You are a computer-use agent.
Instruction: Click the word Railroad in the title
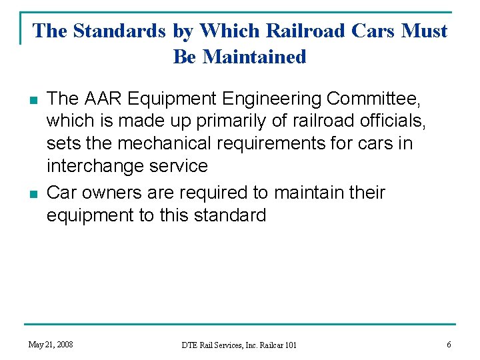[x=309, y=31]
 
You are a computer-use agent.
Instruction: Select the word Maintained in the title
[x=254, y=57]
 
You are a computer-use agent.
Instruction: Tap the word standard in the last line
[x=230, y=215]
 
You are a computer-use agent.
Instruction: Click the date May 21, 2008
[x=51, y=345]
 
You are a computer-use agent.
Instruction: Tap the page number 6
[x=449, y=345]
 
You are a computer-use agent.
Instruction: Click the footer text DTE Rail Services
[x=222, y=345]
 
